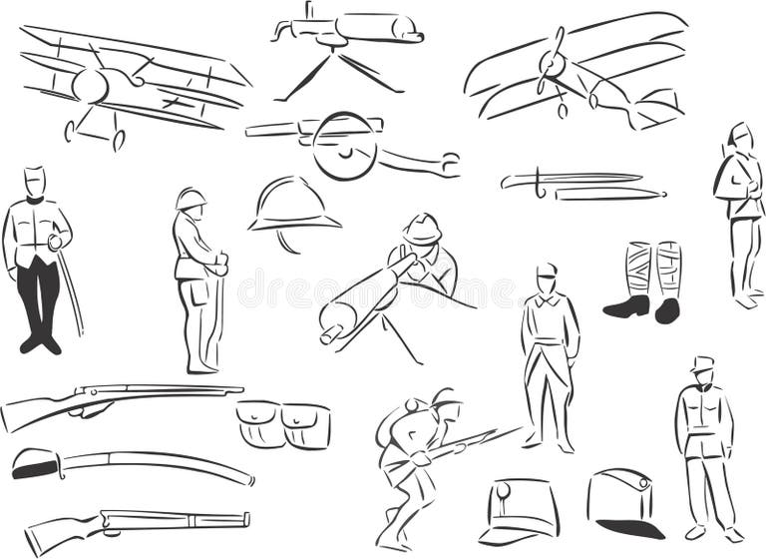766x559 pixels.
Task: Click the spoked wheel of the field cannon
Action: click(x=344, y=147)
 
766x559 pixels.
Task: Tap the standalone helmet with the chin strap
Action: click(x=292, y=208)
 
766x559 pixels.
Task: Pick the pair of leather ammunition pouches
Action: click(x=283, y=424)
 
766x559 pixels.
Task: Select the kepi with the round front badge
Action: click(x=519, y=510)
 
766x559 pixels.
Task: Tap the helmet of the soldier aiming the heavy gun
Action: click(x=423, y=230)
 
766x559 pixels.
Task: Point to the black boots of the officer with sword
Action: click(x=40, y=342)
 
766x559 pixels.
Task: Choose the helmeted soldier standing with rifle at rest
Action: click(x=196, y=279)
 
